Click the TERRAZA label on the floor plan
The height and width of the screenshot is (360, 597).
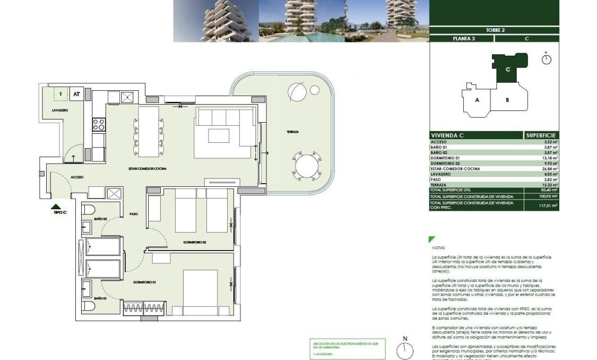click(x=292, y=131)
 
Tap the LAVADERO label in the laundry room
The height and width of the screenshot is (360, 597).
click(x=59, y=110)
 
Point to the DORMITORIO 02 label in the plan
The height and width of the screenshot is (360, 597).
click(x=195, y=242)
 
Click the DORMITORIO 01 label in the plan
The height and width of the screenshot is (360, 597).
click(x=144, y=282)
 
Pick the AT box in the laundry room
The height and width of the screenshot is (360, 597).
click(x=76, y=95)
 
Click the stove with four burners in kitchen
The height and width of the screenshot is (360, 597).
click(x=99, y=124)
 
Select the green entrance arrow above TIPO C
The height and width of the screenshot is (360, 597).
click(x=56, y=207)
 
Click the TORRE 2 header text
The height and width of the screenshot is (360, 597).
click(x=495, y=30)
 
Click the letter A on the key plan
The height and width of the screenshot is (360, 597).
click(x=478, y=100)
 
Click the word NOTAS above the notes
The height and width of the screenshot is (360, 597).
click(x=439, y=247)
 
